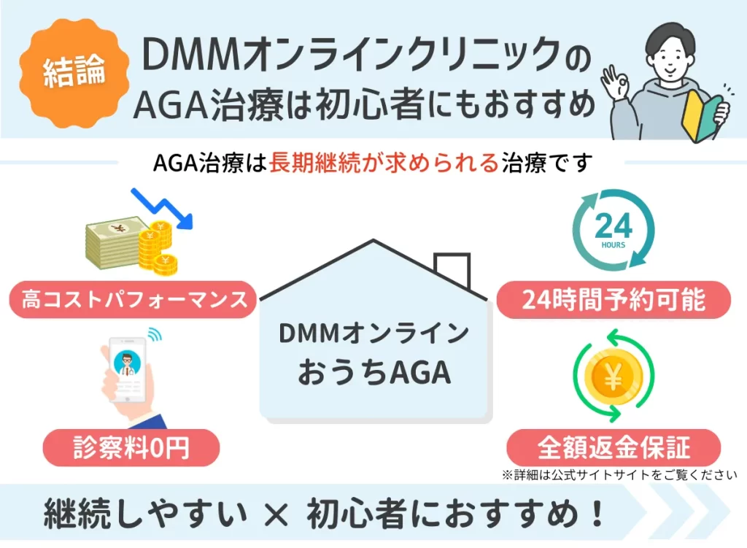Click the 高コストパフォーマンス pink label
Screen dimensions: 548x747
pos(134,300)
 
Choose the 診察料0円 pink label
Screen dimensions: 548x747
pos(131,447)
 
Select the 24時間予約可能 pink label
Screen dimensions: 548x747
pos(614,300)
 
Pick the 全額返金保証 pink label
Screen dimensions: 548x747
pos(614,447)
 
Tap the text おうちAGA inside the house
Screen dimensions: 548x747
pos(373,373)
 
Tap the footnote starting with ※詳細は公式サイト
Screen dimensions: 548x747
pos(619,475)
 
